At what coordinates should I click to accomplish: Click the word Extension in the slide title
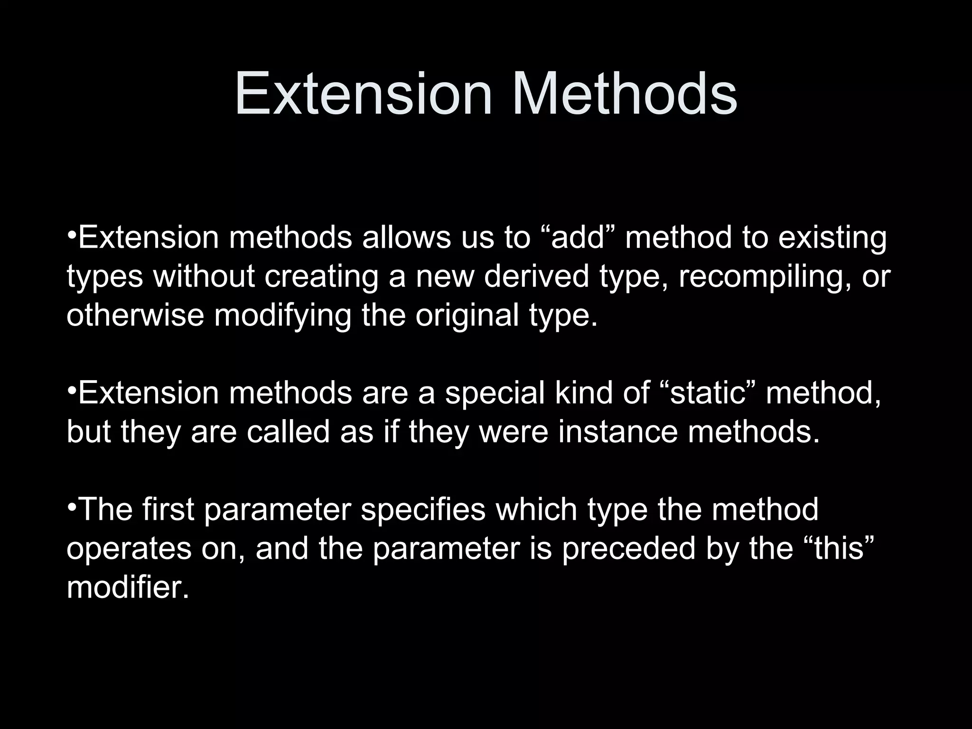tap(364, 93)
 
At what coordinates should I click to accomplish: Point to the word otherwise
tap(135, 315)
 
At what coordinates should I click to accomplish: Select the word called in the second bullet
tap(288, 432)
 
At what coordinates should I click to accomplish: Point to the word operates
tap(129, 549)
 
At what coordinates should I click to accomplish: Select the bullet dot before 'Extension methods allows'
tap(71, 236)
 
